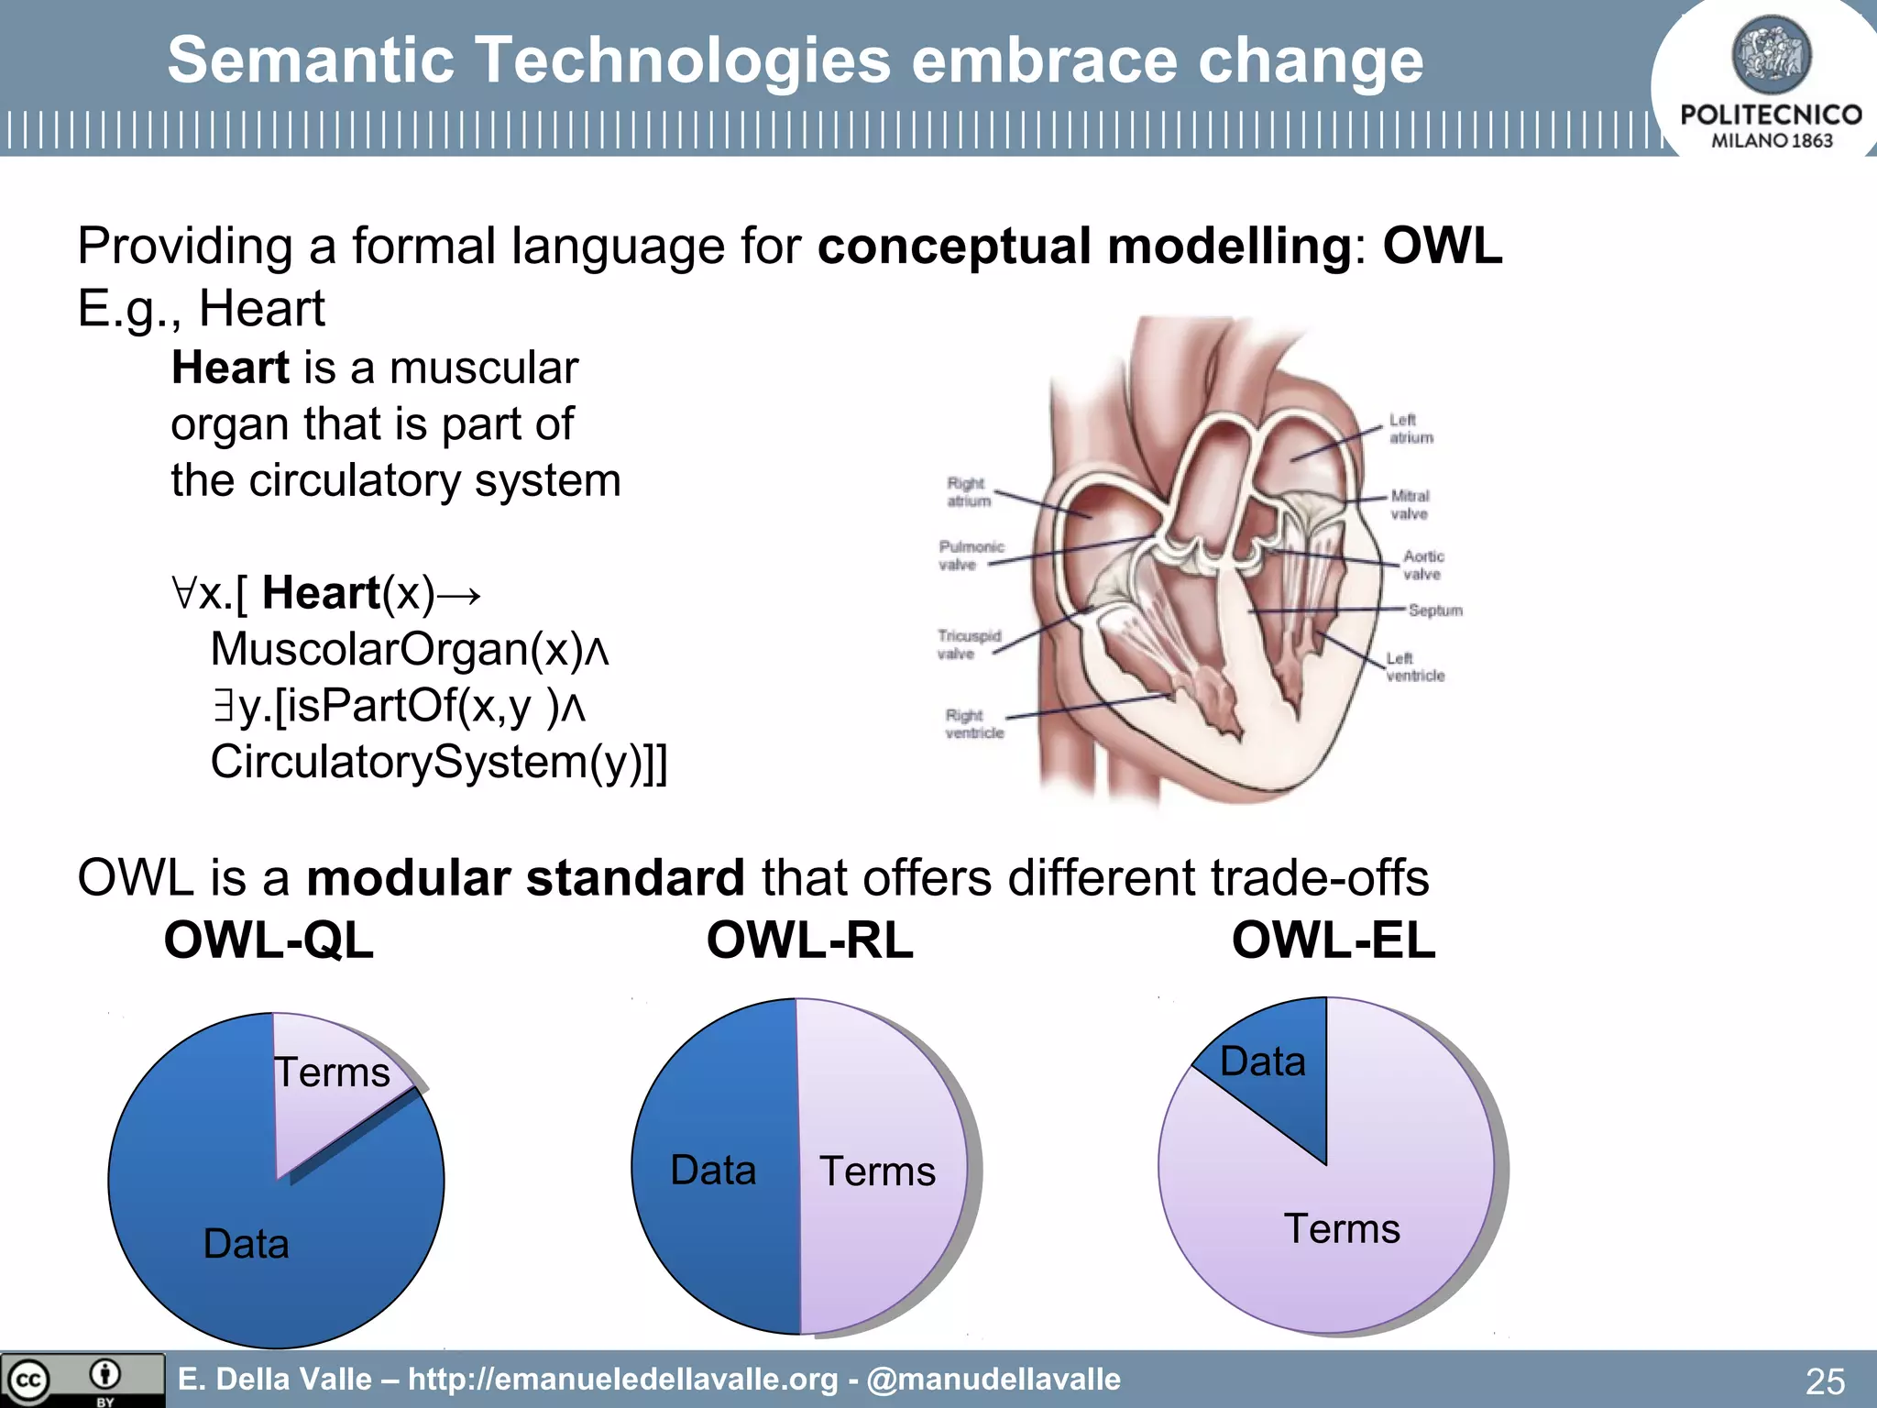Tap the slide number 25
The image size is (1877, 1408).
point(1824,1380)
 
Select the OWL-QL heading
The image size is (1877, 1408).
point(269,940)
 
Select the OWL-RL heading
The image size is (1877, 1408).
point(809,940)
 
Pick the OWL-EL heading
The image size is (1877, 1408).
point(1334,940)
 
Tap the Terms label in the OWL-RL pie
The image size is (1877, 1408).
point(877,1171)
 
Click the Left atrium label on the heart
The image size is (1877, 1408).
point(1410,429)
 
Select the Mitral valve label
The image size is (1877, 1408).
point(1410,505)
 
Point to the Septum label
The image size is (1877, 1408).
point(1434,610)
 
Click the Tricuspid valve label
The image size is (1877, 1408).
point(969,644)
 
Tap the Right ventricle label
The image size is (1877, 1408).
point(974,724)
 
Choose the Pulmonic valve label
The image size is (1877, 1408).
point(971,555)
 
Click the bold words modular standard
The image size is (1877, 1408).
point(525,878)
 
